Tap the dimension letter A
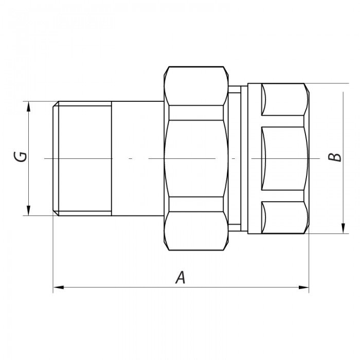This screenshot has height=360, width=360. pyautogui.click(x=179, y=278)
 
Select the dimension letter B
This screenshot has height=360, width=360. pyautogui.click(x=335, y=157)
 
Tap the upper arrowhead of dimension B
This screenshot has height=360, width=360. pyautogui.click(x=342, y=87)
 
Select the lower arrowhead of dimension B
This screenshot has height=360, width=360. pyautogui.click(x=342, y=230)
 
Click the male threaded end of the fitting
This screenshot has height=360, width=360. pyautogui.click(x=82, y=158)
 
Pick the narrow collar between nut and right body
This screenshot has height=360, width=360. pyautogui.click(x=234, y=158)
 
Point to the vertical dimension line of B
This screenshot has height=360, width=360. pyautogui.click(x=342, y=129)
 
